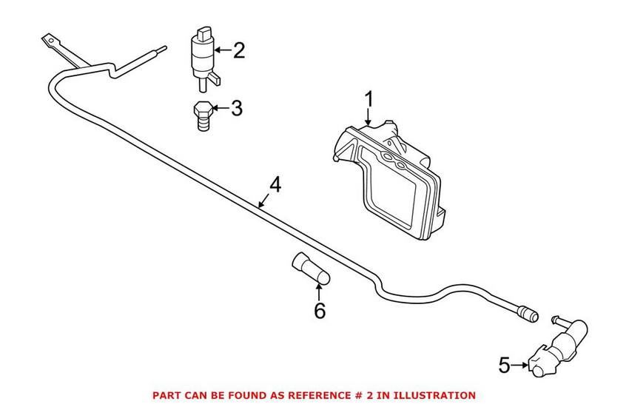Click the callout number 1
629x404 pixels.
[368, 98]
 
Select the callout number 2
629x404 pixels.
[238, 51]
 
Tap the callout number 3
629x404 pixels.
[236, 109]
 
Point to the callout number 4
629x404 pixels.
[275, 184]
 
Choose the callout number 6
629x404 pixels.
[319, 311]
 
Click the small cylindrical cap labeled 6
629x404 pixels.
[312, 269]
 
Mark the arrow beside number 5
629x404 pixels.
[520, 363]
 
